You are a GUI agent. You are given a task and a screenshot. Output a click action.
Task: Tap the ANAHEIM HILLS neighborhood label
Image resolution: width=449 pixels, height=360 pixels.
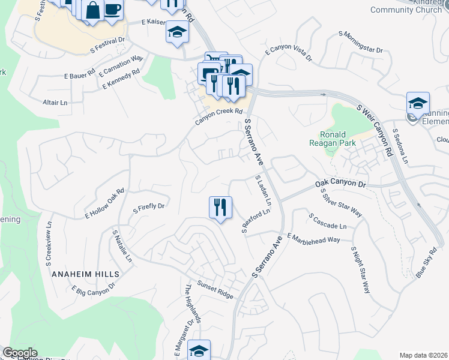86,274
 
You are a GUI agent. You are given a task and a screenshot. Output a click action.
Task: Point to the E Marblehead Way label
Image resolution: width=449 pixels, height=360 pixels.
313,238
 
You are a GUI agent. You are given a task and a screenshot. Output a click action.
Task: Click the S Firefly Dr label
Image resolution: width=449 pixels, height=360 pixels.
148,208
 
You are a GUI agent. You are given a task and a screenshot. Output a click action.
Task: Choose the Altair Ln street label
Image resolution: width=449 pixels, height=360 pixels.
55,103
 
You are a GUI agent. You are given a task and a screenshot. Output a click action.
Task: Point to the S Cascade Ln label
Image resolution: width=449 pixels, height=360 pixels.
327,221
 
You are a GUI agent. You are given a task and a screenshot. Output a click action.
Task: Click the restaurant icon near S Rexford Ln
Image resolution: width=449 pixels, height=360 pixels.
220,207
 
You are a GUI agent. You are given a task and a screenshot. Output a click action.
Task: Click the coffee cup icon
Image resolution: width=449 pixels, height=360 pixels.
113,10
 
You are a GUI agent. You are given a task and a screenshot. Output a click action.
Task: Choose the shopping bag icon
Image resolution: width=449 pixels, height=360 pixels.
93,10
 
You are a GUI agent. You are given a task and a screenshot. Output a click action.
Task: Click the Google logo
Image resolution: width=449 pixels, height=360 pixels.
20,353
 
